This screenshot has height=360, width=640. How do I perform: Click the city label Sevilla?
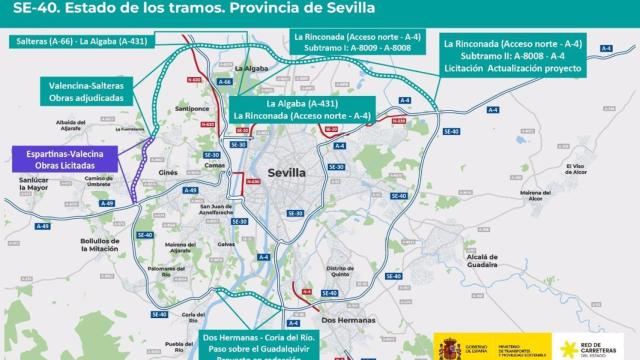[x=289, y=173]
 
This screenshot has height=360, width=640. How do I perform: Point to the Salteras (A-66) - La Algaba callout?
[x=84, y=42]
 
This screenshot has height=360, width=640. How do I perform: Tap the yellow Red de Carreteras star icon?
[x=569, y=346]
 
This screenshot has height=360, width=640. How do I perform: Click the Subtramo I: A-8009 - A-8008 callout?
[x=353, y=47]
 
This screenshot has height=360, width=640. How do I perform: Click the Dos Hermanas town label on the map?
[x=342, y=319]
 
